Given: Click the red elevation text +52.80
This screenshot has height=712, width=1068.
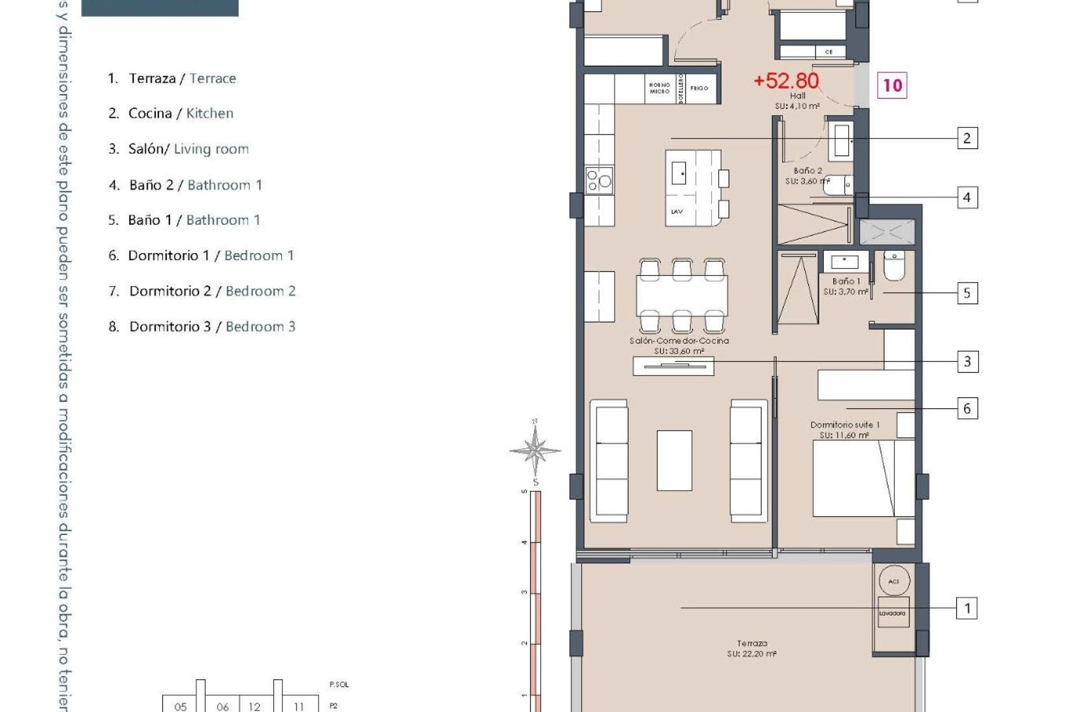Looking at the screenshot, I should tap(786, 81).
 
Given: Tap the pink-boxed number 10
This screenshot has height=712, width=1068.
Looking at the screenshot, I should tap(892, 85).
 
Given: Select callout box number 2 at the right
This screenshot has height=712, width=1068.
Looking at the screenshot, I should tap(967, 138).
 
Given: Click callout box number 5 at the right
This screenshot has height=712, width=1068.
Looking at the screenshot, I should tap(967, 293).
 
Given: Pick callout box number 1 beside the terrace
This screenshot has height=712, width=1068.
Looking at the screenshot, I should tap(967, 608).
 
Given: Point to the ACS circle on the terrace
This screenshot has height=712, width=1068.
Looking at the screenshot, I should tap(894, 581).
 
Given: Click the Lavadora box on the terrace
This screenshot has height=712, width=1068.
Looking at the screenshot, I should tap(893, 613).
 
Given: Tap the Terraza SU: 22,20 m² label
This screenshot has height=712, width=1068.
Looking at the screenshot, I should tap(751, 649).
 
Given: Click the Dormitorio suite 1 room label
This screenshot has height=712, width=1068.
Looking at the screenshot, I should tap(844, 429).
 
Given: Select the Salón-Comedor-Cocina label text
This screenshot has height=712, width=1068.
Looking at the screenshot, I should tap(679, 345).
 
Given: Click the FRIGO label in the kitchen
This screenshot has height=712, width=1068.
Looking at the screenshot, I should tap(699, 88).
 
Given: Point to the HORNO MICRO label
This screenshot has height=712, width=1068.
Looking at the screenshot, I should tap(659, 88).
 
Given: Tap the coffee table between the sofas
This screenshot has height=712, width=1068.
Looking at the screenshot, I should tap(674, 461).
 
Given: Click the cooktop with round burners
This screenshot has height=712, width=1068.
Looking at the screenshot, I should tap(599, 181).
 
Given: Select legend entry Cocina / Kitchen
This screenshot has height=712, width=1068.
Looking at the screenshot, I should tap(171, 113).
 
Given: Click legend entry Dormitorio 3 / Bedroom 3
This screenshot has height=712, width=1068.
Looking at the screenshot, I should tap(202, 327).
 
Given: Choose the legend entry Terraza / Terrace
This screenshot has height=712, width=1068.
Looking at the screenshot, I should tap(172, 78).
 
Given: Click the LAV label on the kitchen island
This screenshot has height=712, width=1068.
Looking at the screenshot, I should tap(677, 211).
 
